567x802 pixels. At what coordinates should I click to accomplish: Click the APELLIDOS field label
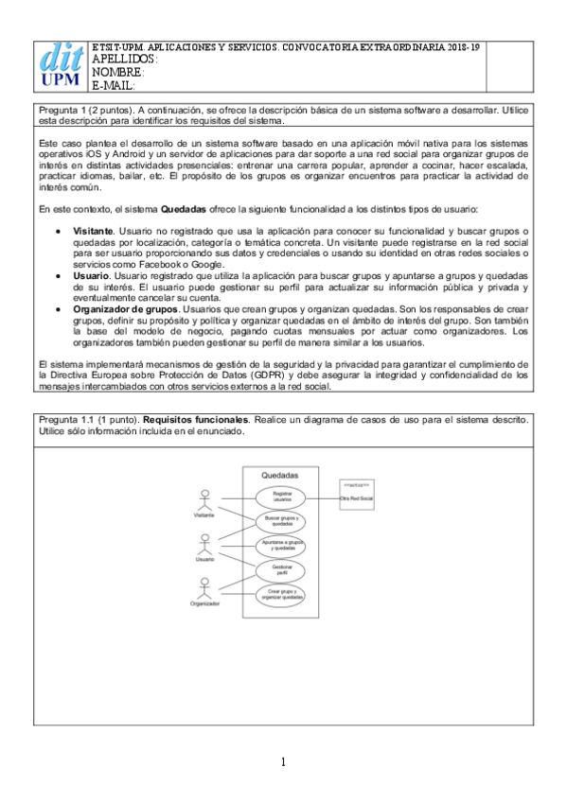tap(123, 59)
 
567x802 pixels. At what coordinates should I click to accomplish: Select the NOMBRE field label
tap(118, 72)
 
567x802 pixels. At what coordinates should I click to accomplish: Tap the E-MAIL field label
tap(115, 85)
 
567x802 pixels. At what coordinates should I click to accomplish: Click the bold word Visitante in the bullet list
tap(93, 231)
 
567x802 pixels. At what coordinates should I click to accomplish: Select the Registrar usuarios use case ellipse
tap(281, 497)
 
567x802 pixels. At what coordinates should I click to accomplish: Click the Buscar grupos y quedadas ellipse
tap(281, 521)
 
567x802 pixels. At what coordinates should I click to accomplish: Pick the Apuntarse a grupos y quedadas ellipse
tap(281, 546)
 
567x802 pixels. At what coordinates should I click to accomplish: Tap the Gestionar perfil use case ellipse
tap(281, 570)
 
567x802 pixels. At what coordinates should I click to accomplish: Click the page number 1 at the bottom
tap(283, 761)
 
